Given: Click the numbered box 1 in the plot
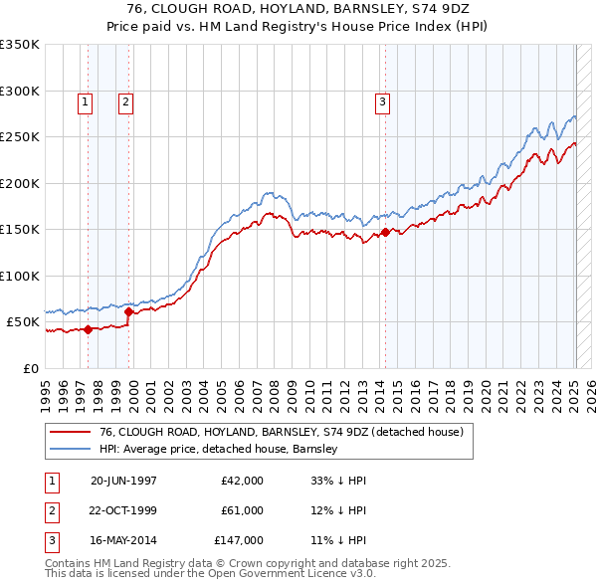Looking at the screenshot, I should [85, 100].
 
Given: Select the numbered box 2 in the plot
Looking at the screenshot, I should [126, 100].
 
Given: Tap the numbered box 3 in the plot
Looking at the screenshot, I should [382, 100].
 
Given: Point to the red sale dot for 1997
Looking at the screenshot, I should [88, 329].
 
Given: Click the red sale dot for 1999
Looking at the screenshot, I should [129, 311].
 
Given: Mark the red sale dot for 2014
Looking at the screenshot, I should [385, 233].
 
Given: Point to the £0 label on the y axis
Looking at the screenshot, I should [30, 369].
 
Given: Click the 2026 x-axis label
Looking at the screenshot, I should [588, 391].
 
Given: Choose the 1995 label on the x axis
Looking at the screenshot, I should [46, 391].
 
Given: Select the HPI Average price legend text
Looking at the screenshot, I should [219, 449].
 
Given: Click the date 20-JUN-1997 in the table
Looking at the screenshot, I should [123, 481].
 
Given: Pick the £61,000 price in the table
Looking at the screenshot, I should [242, 510].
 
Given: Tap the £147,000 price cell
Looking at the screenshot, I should [239, 540].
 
